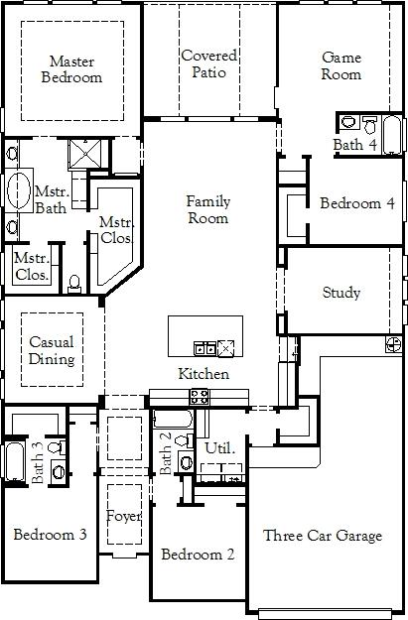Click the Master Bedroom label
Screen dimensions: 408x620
coord(71,69)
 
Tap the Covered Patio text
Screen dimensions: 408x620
coord(208,63)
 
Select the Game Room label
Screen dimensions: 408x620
coord(341,65)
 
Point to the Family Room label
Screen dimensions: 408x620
coord(208,209)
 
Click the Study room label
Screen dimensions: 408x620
coord(341,293)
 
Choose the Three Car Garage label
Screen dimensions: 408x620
coord(323,536)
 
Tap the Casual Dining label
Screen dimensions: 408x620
coord(52,350)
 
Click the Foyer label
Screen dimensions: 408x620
coord(124,517)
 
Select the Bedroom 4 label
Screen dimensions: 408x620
coord(357,203)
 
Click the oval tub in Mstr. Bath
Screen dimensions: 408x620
coord(19,190)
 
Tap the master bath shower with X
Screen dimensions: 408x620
coord(85,154)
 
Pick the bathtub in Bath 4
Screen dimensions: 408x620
coord(392,135)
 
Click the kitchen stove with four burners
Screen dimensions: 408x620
coord(200,397)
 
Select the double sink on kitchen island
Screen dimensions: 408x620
coord(204,349)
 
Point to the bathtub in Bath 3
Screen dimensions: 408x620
coord(15,461)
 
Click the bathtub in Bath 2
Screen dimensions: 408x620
coord(173,419)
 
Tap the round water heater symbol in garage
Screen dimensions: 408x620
coord(394,344)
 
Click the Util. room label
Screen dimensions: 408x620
coord(220,448)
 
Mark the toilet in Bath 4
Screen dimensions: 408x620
coord(370,125)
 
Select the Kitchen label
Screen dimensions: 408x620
coord(204,374)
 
